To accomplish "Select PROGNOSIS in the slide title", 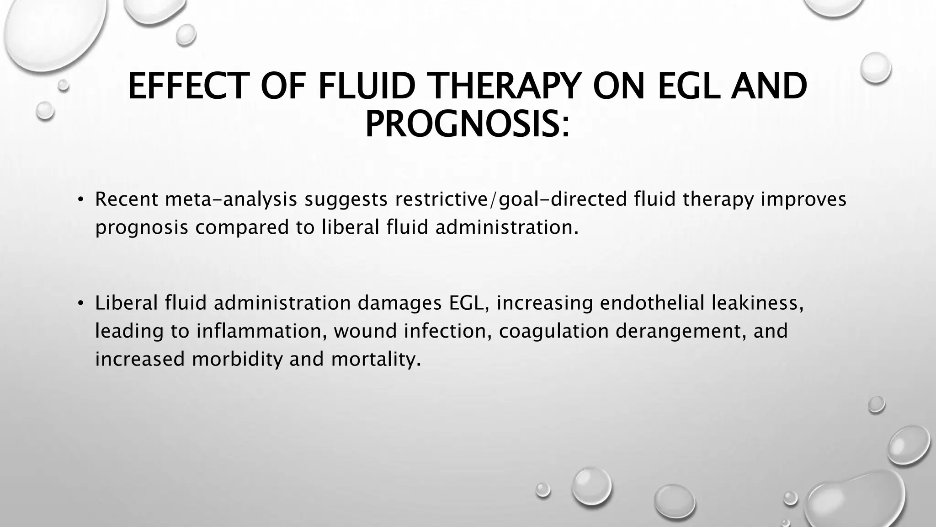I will point(462,124).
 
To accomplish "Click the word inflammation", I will point(261,331).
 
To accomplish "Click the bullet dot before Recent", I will point(80,199).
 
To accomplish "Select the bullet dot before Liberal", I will point(80,303).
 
